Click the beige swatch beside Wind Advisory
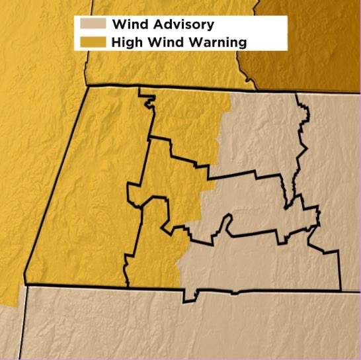click(93, 24)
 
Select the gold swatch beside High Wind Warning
click(93, 42)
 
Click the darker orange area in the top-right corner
click(311, 40)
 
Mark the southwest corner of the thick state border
click(25, 284)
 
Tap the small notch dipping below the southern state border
click(194, 296)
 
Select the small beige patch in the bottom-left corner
click(9, 331)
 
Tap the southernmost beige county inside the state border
click(264, 265)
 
